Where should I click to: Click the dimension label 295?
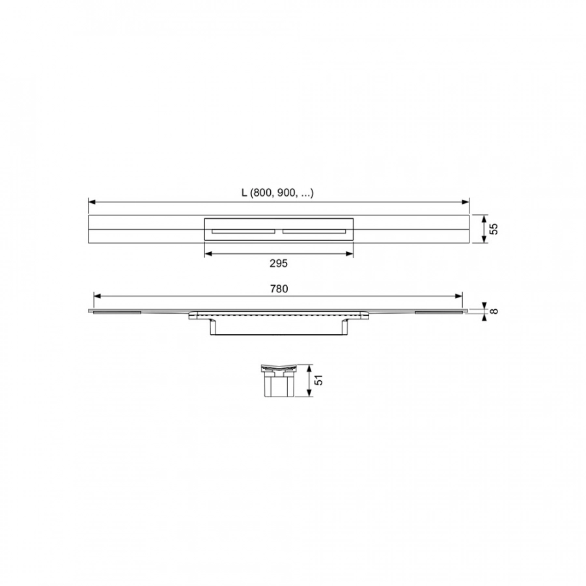(x=279, y=264)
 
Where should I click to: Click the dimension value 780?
(x=279, y=289)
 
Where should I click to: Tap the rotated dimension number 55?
(x=494, y=229)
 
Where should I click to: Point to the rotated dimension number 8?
(x=494, y=311)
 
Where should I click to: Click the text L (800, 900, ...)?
(x=277, y=193)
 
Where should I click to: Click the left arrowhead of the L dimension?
(x=92, y=202)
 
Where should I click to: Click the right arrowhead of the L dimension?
(x=466, y=202)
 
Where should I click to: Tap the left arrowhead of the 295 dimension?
(x=208, y=254)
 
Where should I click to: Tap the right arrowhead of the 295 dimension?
(x=350, y=254)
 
